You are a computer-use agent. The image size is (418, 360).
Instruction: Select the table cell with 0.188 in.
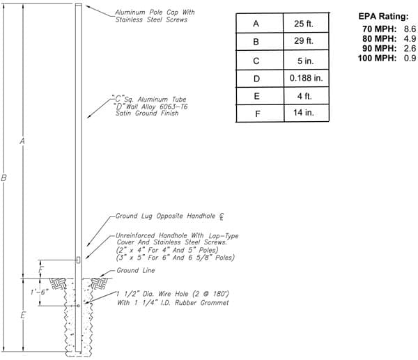point(306,78)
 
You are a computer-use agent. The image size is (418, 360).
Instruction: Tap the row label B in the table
point(256,42)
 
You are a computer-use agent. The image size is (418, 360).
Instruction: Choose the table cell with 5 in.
point(306,61)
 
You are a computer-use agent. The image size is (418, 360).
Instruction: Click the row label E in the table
point(256,96)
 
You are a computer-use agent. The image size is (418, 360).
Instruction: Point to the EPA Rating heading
point(383,16)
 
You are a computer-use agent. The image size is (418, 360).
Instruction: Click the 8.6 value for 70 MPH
point(410,29)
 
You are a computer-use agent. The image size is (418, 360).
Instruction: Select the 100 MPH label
point(377,58)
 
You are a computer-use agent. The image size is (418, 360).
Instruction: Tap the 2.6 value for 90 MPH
point(410,49)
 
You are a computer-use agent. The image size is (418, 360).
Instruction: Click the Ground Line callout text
point(136,270)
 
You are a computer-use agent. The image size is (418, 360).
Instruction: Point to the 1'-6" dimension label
point(39,292)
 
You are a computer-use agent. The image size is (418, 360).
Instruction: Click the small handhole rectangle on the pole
point(78,260)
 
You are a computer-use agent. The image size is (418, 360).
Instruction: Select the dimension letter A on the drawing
point(22,141)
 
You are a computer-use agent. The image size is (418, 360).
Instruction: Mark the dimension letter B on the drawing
point(3,178)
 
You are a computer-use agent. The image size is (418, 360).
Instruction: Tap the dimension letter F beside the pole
point(41,269)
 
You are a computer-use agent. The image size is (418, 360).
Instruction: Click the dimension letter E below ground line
point(23,315)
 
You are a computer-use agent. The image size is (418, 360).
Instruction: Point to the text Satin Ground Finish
point(147,114)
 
